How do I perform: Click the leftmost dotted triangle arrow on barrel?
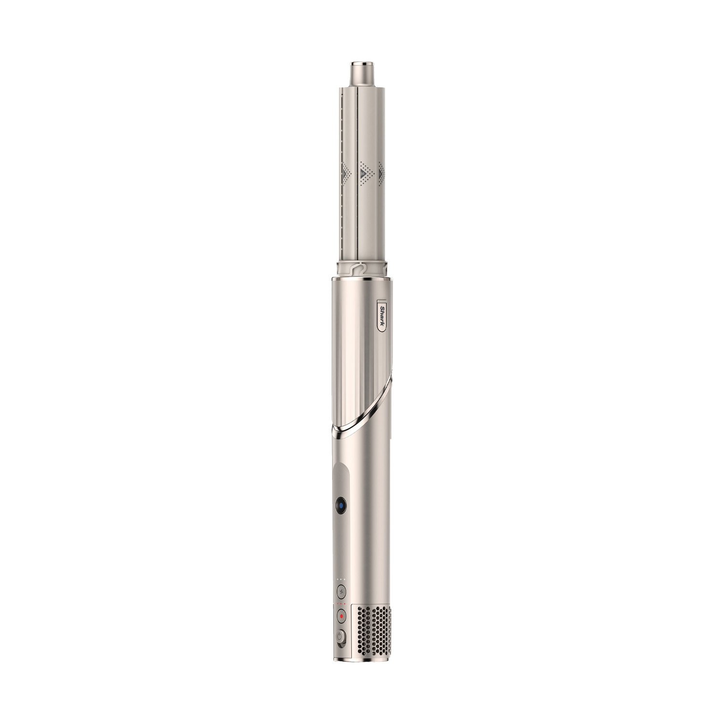[x=344, y=172]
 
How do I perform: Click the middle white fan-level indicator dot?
[x=341, y=578]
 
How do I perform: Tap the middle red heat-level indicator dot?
[x=341, y=604]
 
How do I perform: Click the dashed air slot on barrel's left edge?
[x=342, y=130]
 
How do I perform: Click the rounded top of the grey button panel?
[x=340, y=467]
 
